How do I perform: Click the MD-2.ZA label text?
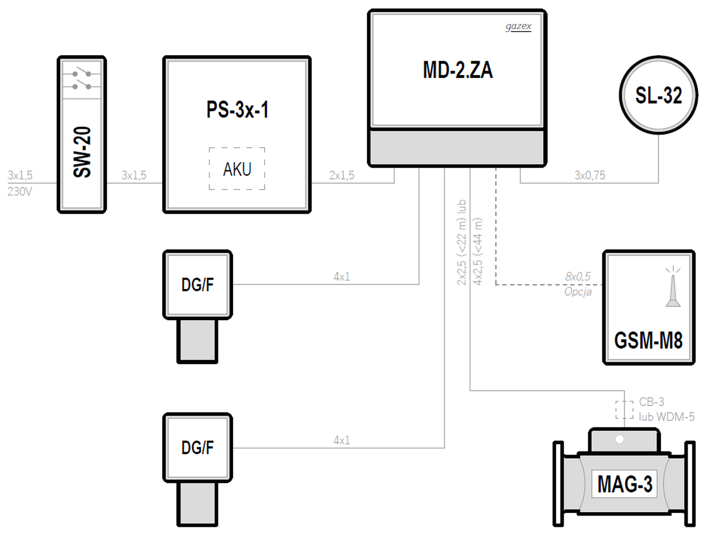pos(458,70)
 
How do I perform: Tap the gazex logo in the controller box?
pos(518,26)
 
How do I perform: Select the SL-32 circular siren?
pos(658,95)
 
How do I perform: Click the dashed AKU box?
pos(237,169)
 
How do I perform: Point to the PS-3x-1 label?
pos(237,110)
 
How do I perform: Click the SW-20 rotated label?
pos(82,152)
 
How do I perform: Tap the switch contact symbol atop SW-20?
pos(82,80)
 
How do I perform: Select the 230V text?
pos(20,192)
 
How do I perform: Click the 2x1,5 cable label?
pos(341,175)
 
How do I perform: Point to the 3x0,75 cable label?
pos(590,175)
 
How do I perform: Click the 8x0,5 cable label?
pos(578,277)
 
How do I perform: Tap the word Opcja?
pos(578,292)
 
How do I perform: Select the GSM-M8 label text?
pos(648,340)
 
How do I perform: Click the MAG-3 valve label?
pos(624,484)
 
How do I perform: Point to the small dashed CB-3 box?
pos(624,409)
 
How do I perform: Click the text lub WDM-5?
pos(667,417)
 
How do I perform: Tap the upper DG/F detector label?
pos(198,285)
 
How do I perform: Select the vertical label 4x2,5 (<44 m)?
pos(478,252)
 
